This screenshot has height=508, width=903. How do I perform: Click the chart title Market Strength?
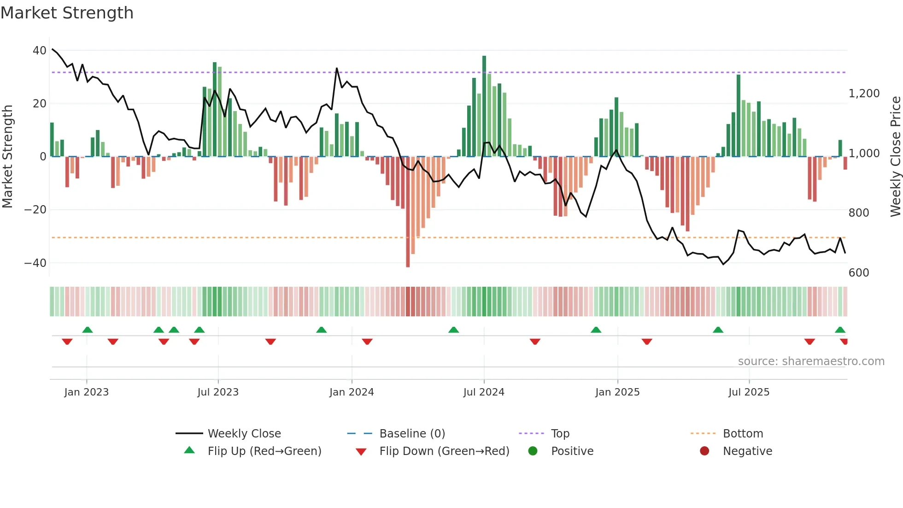(x=67, y=13)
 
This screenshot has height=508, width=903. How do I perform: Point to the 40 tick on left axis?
(x=40, y=51)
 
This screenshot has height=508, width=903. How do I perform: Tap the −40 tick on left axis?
(x=35, y=263)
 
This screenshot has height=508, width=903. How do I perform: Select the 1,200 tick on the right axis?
(x=864, y=94)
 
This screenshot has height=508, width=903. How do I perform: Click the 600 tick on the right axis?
(x=859, y=273)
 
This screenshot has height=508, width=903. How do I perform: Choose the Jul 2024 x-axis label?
(x=484, y=392)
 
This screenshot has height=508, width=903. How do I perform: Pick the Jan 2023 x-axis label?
(x=87, y=392)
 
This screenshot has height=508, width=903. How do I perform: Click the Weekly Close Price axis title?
(x=895, y=157)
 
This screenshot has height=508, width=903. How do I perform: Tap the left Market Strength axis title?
(x=7, y=157)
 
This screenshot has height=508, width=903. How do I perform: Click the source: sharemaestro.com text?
(x=811, y=361)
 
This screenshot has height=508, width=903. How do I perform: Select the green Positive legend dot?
(x=533, y=451)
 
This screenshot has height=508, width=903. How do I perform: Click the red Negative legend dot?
(x=704, y=451)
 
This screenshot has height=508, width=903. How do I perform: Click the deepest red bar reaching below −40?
(x=408, y=212)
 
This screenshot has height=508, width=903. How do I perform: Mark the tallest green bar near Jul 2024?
(x=484, y=106)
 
